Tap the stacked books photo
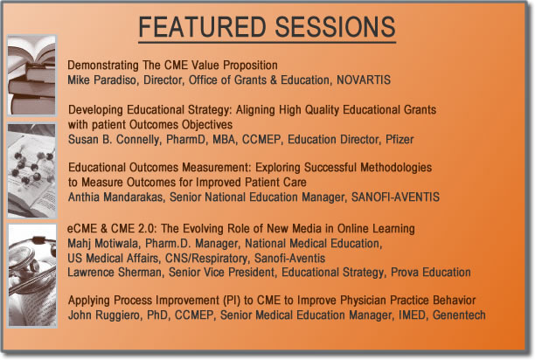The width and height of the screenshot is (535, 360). [x=31, y=75]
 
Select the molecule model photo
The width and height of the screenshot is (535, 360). [x=31, y=170]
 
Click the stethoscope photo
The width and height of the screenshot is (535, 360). [x=32, y=275]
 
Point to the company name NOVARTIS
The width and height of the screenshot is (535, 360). [x=364, y=80]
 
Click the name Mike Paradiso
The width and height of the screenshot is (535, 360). [x=101, y=80]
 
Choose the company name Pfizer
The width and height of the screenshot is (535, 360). [x=400, y=139]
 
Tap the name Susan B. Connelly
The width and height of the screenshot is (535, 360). [x=114, y=140]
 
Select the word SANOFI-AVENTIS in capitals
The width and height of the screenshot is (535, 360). [x=395, y=197]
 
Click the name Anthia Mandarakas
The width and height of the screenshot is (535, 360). [x=115, y=197]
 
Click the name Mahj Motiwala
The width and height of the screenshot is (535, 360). [x=102, y=244]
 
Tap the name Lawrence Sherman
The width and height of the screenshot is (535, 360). [x=115, y=273]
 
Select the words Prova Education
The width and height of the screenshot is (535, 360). [x=431, y=272]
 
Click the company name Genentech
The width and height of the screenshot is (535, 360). [x=459, y=315]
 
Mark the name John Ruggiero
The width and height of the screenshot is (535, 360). [x=104, y=315]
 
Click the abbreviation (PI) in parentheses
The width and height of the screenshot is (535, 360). [x=232, y=301]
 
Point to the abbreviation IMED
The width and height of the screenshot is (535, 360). [x=412, y=315]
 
